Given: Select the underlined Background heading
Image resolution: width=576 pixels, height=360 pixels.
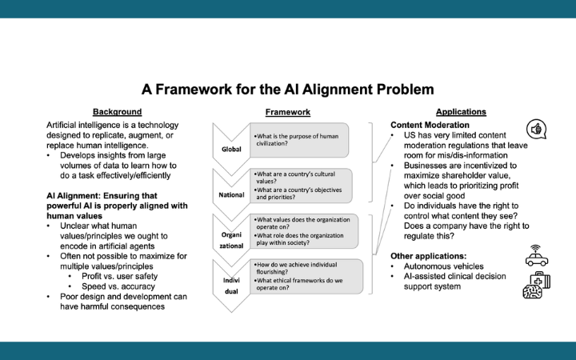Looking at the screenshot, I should point(117,112).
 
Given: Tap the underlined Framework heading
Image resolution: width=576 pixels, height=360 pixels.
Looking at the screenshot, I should point(287,112).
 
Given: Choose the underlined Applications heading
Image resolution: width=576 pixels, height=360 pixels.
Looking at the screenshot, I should point(461,112).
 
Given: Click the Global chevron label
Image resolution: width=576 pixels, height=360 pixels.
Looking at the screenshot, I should point(230,150).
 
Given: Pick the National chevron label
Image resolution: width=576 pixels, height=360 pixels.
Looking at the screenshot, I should point(230,194).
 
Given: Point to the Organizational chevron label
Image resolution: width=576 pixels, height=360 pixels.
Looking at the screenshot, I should point(230,242).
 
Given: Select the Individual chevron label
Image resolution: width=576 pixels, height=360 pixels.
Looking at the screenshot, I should point(230,286).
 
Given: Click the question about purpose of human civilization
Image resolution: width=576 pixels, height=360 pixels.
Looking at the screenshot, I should point(298,139).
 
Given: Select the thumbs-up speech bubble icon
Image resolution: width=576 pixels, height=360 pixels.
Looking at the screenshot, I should point(538,130).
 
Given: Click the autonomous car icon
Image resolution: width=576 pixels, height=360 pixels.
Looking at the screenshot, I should point(536,256).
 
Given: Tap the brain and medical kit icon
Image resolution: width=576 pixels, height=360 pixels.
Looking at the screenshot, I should point(536,286).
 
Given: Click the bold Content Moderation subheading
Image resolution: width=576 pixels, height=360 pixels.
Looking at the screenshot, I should point(430,126).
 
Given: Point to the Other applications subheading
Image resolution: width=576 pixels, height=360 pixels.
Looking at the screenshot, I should point(427,256).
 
